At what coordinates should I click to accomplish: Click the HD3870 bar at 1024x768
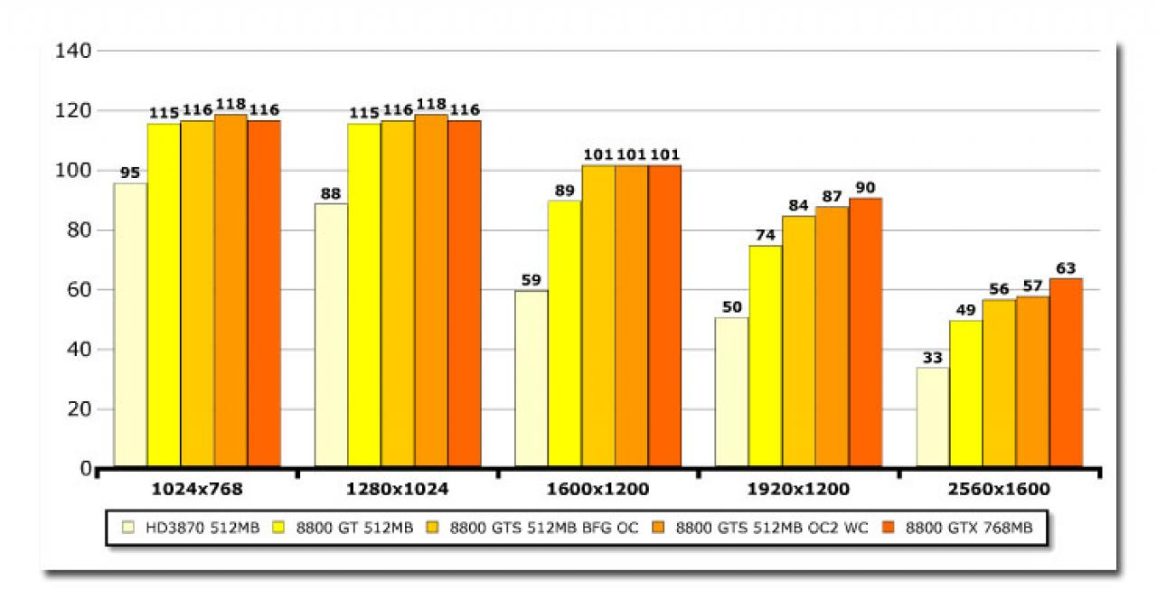(130, 325)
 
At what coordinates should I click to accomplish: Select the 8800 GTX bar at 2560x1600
(1066, 372)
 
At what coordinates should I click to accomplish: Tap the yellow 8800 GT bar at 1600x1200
(565, 334)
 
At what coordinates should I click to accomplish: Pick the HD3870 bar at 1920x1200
(732, 392)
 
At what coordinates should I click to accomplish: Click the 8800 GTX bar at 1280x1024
(465, 294)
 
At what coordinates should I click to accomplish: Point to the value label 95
(130, 173)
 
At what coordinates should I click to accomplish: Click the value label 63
(1066, 268)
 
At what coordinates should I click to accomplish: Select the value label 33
(933, 358)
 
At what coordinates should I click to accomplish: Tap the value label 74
(766, 235)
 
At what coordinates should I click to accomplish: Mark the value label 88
(331, 193)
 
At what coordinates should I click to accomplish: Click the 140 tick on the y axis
(73, 51)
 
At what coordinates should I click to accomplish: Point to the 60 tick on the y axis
(79, 289)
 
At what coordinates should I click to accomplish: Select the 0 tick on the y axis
(86, 469)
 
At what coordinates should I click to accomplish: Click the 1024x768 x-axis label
(197, 489)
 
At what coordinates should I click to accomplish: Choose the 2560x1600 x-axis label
(999, 489)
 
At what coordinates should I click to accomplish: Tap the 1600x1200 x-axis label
(597, 489)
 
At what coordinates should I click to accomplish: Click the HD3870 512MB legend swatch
(128, 528)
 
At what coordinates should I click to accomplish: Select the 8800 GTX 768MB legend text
(969, 528)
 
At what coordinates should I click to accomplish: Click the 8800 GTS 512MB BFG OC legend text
(544, 528)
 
